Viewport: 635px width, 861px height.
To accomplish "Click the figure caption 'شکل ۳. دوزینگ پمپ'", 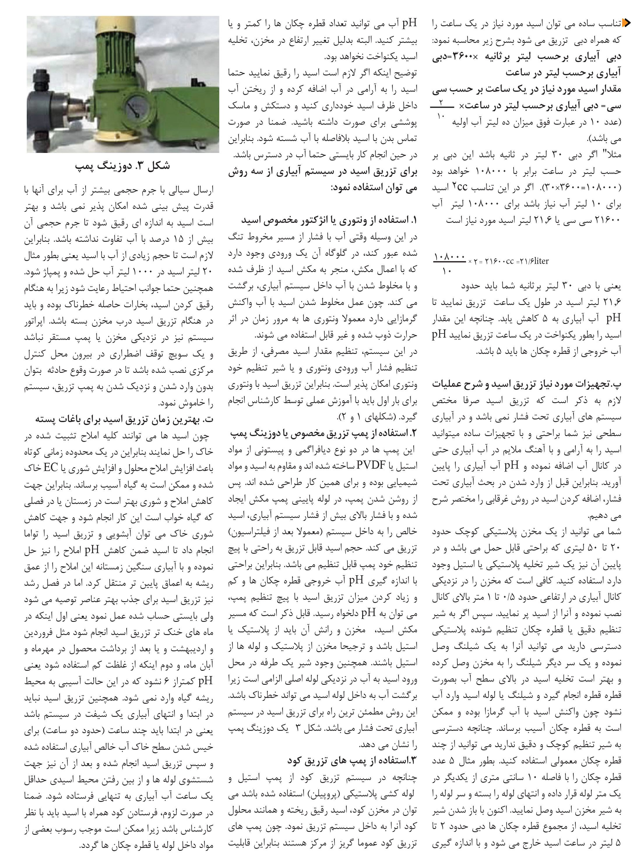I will pos(122,166).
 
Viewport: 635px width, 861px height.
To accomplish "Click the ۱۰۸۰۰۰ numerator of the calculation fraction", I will pos(449,257).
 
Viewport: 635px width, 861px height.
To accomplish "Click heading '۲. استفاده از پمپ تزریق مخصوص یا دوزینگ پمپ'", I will pos(324,433).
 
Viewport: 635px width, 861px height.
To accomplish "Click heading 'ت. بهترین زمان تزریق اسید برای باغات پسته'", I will pos(124,419).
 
